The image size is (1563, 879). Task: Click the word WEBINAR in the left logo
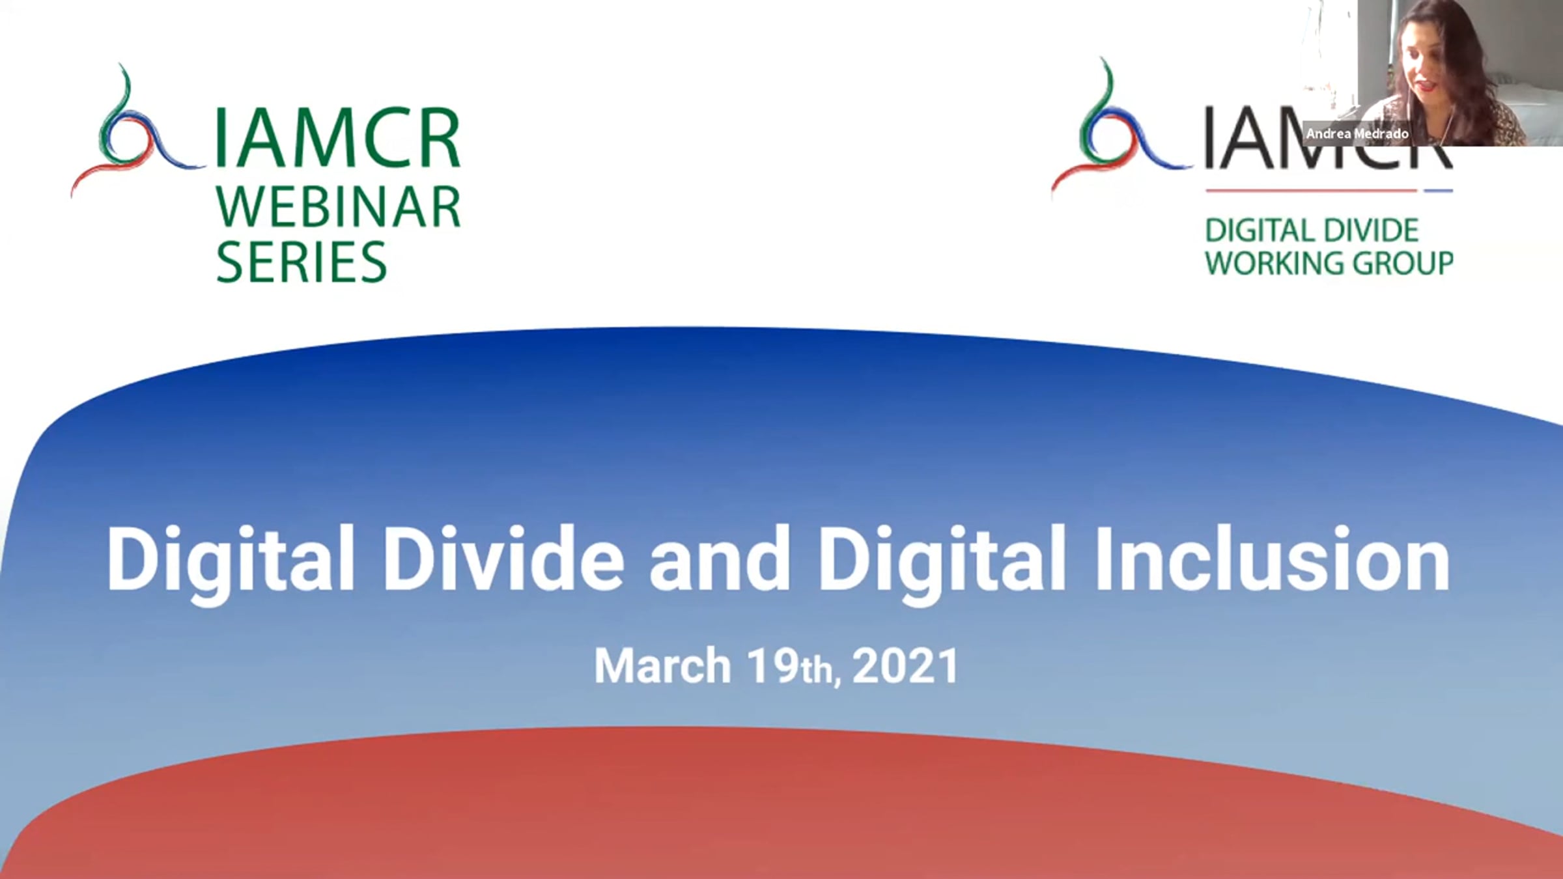click(x=338, y=206)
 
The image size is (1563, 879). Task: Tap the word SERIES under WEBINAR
click(x=302, y=262)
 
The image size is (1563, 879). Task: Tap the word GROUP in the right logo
click(x=1403, y=263)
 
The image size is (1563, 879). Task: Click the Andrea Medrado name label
click(x=1357, y=134)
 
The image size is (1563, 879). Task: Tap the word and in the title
click(x=719, y=559)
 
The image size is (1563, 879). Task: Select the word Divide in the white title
click(x=503, y=559)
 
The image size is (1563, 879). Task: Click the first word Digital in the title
click(x=231, y=564)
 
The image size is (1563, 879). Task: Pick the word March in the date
click(x=662, y=665)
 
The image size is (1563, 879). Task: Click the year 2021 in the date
click(x=905, y=665)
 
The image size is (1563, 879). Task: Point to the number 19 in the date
click(x=773, y=665)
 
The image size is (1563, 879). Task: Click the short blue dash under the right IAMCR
click(x=1438, y=191)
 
